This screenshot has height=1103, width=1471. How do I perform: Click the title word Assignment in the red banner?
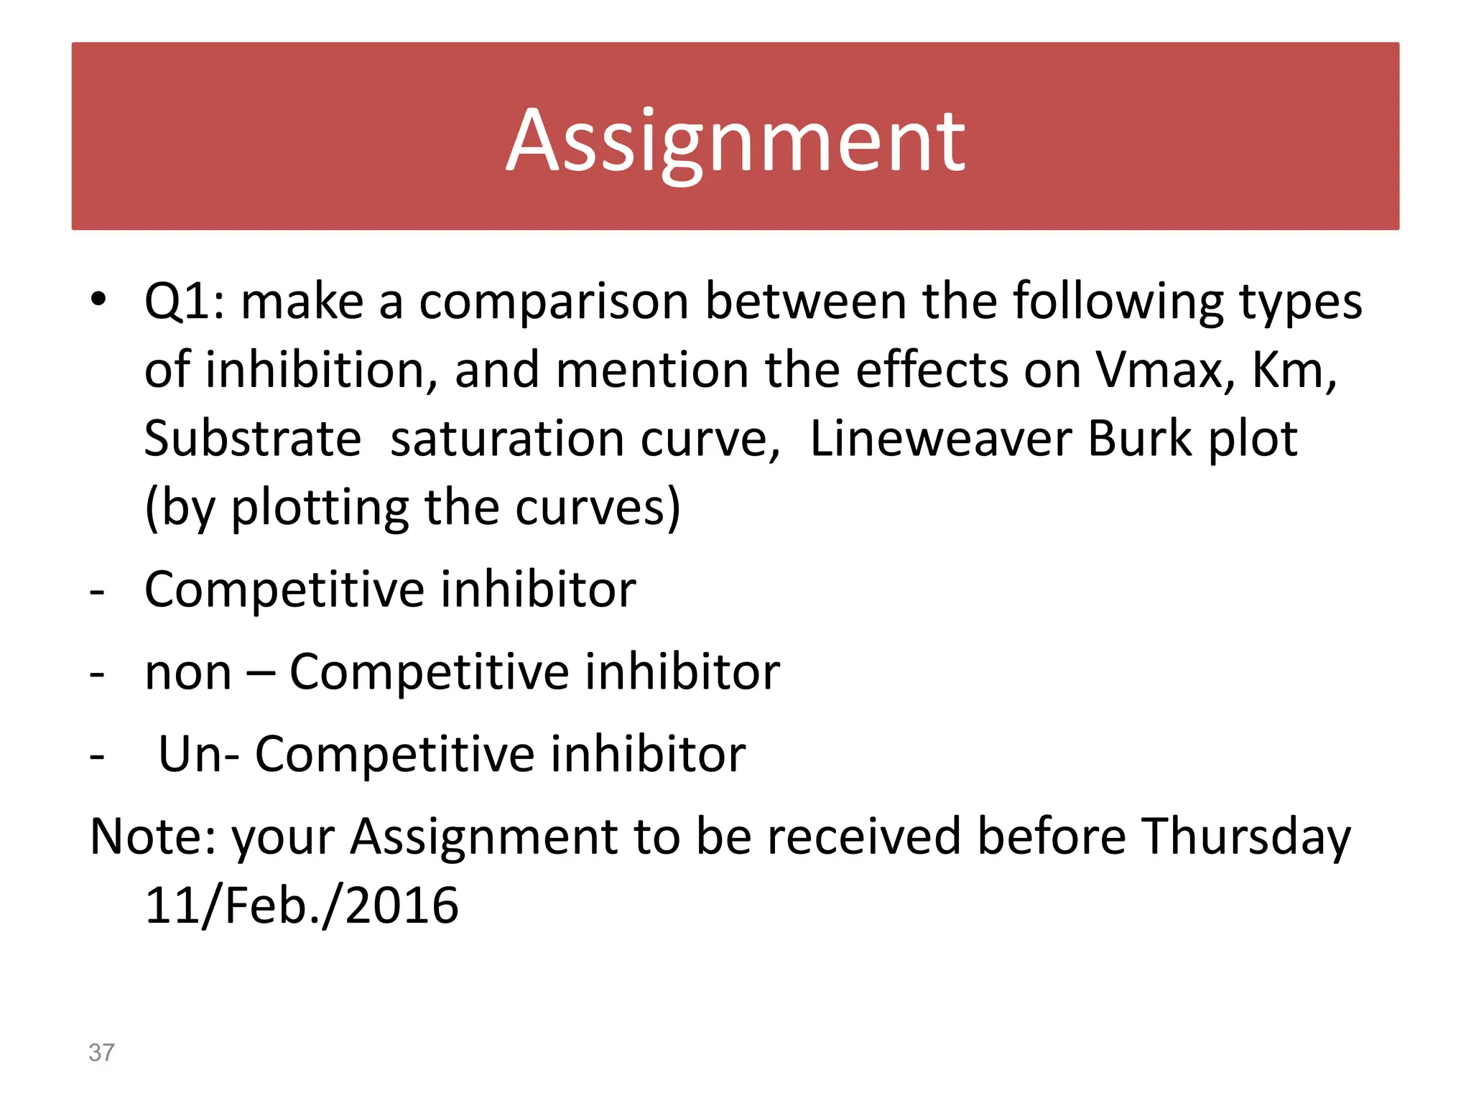tap(735, 141)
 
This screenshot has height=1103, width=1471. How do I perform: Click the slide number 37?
tap(101, 1052)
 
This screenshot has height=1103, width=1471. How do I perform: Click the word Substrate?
tap(253, 439)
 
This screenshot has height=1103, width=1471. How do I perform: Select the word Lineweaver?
tap(940, 439)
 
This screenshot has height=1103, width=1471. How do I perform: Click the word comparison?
tap(554, 302)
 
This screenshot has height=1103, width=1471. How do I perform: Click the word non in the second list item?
tap(188, 673)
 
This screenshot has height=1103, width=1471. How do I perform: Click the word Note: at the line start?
tap(152, 837)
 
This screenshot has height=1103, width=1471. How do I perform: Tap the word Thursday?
tap(1246, 838)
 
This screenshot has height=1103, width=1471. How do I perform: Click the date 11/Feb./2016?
tap(301, 906)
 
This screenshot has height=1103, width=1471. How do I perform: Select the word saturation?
tap(506, 439)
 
